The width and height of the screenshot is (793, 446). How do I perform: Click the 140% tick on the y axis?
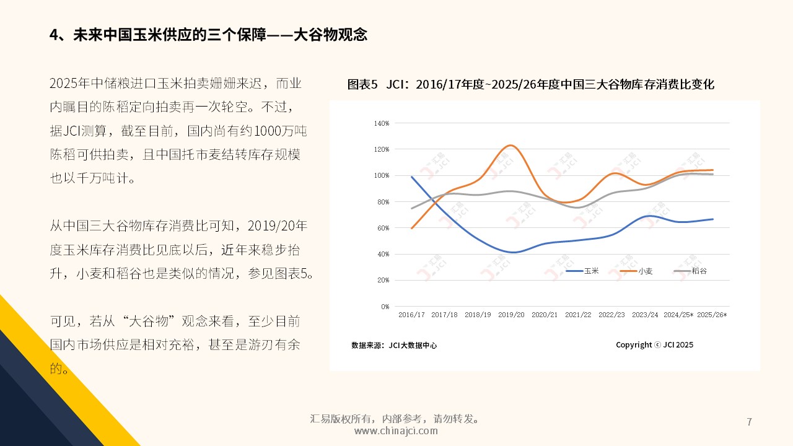382,123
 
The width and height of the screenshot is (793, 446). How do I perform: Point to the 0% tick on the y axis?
385,307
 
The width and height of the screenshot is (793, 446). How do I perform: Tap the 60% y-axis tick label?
383,228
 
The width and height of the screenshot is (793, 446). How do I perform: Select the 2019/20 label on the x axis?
511,315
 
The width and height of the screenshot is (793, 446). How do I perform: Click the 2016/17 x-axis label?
411,315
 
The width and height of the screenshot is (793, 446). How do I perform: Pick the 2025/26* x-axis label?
712,315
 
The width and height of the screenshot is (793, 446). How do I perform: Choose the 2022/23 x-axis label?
611,315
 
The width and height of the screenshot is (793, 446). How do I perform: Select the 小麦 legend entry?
646,271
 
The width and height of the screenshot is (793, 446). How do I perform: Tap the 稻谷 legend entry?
699,271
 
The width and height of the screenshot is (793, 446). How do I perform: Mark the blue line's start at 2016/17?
412,177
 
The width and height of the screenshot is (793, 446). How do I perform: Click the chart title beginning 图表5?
531,84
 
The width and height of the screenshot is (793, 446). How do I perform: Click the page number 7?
750,422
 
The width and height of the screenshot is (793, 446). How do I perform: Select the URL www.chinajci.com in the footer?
396,431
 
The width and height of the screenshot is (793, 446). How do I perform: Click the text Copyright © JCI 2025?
654,345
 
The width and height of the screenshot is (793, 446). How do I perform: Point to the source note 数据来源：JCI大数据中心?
394,346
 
